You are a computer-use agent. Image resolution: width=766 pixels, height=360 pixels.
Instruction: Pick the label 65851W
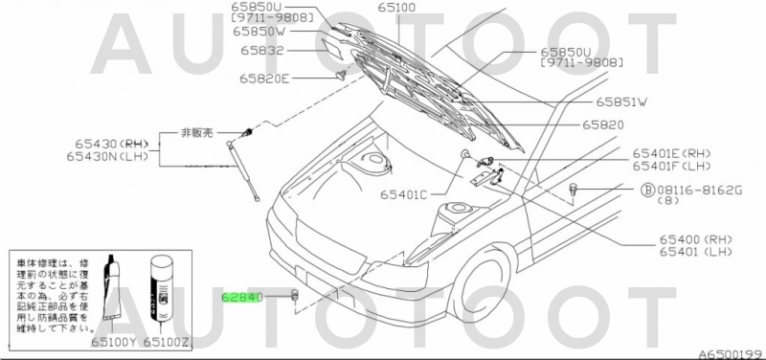coord(622,101)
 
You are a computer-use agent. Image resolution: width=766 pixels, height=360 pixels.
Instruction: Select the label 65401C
coord(403,193)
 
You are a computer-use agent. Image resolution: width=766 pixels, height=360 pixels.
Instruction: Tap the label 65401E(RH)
coord(672,152)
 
